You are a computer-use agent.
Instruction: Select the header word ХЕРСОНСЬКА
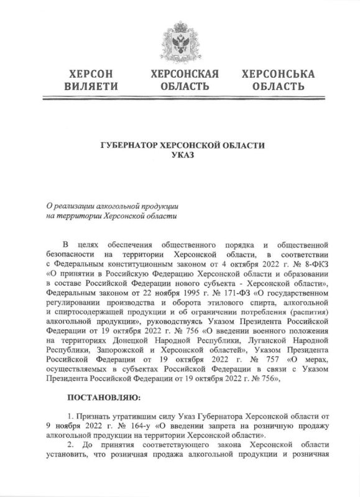pos(270,74)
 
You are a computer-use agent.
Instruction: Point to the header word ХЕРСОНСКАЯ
pos(180,74)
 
